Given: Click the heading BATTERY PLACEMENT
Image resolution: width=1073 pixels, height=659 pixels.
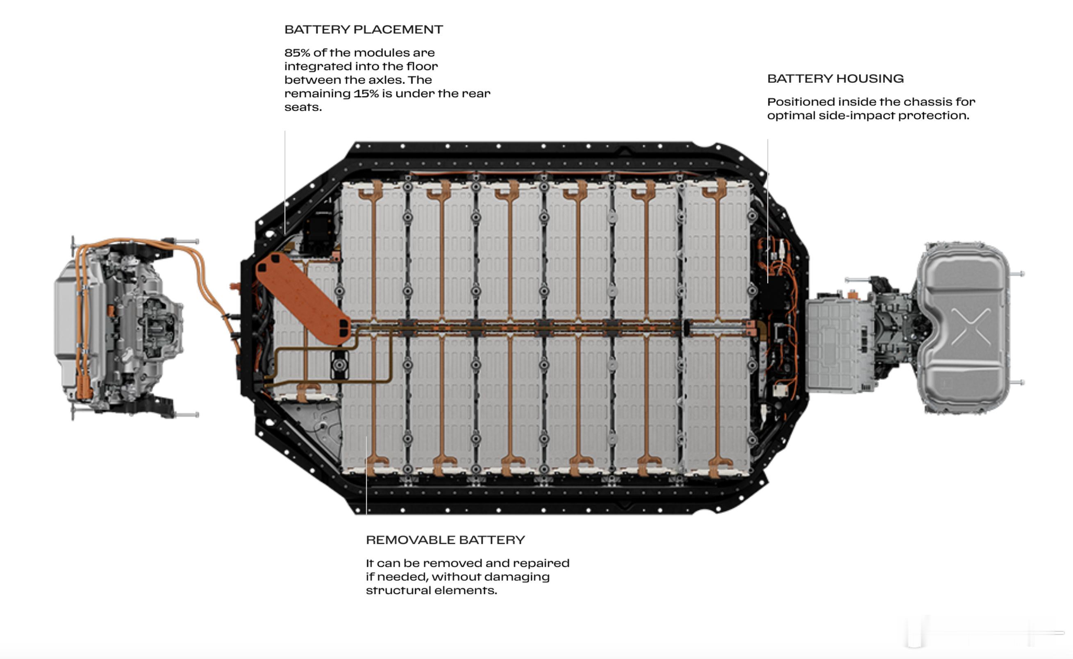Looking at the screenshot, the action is coord(364,29).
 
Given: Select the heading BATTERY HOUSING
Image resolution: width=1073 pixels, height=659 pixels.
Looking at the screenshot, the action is coord(835,78).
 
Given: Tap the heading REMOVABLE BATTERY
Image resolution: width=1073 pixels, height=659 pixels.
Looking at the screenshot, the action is coord(446,540).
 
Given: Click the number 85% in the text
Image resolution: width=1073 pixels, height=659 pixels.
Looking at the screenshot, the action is coord(297,53).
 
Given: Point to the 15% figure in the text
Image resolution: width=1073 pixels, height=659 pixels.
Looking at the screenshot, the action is coord(366,93).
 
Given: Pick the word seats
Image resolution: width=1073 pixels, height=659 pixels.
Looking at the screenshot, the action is coord(303,107).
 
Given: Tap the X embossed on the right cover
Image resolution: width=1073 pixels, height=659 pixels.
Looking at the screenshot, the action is coord(971,327).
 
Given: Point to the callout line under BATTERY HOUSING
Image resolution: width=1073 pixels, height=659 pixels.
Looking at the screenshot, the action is coord(768,211).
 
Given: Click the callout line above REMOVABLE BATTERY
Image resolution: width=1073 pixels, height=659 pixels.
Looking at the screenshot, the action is coord(366,475).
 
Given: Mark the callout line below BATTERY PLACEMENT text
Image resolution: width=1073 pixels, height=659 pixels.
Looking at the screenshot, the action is coord(284,183).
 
